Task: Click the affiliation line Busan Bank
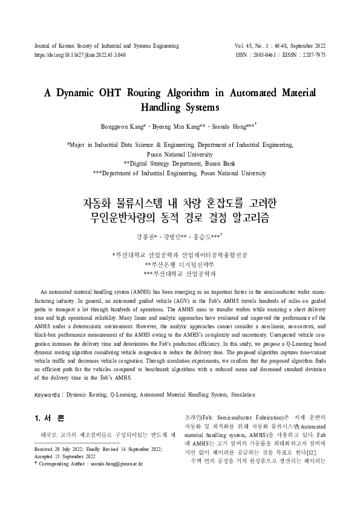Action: click(180, 163)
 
